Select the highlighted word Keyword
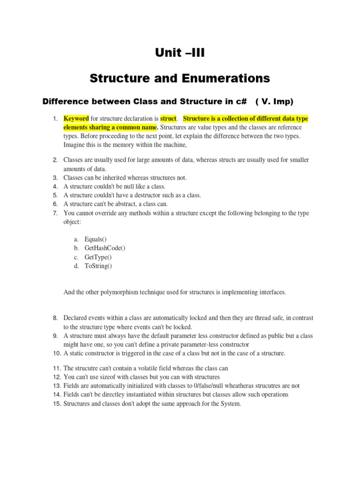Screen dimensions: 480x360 (76, 119)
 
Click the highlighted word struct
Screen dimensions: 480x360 (168, 119)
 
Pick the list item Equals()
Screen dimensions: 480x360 (96, 239)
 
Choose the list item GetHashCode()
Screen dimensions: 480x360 (105, 248)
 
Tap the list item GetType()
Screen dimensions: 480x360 (98, 257)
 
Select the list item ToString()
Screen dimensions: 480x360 (98, 266)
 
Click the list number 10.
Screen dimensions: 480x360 (57, 353)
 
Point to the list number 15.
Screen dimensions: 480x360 (57, 403)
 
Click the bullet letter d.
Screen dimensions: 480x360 (76, 266)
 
